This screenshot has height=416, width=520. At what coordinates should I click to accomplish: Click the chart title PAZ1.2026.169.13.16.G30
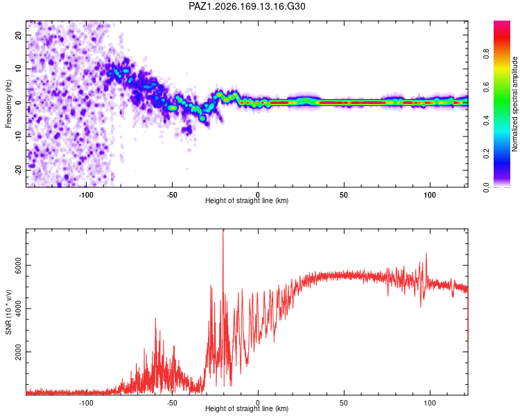[x=247, y=6]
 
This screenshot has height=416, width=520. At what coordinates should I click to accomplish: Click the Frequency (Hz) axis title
[x=8, y=104]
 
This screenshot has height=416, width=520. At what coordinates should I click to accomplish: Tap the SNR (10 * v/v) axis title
[x=8, y=312]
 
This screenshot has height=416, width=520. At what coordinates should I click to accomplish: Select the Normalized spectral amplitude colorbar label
[x=514, y=104]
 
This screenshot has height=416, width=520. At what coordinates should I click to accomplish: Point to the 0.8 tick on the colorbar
[x=487, y=54]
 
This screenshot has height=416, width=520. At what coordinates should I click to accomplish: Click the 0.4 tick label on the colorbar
[x=487, y=121]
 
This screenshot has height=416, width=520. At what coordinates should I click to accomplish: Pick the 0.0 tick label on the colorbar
[x=487, y=187]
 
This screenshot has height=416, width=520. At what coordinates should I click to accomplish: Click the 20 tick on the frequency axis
[x=19, y=35]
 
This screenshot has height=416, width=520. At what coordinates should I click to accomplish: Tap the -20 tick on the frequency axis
[x=19, y=170]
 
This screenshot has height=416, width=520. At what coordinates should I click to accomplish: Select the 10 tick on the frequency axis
[x=19, y=69]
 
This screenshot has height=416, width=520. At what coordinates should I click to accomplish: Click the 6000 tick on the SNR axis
[x=19, y=266]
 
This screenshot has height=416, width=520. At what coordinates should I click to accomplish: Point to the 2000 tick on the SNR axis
[x=19, y=352]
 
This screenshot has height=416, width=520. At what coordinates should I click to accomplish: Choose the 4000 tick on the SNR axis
[x=19, y=309]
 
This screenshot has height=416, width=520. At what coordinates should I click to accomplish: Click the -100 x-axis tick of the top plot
[x=86, y=195]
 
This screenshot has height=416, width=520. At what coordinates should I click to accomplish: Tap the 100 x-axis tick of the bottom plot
[x=430, y=403]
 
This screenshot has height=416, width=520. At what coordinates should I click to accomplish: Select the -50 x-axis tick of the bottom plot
[x=172, y=403]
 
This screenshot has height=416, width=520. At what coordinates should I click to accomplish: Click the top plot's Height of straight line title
[x=247, y=200]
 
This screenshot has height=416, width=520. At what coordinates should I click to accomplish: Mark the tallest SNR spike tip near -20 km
[x=223, y=229]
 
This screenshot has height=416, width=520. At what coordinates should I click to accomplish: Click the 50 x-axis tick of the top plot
[x=344, y=195]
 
